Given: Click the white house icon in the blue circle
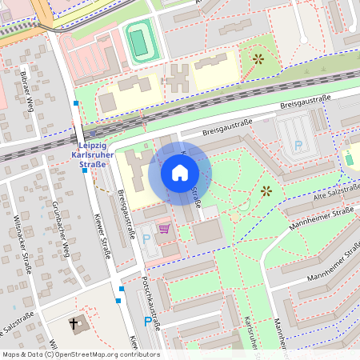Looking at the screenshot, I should [x=180, y=173].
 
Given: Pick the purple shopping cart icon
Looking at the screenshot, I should [x=164, y=229].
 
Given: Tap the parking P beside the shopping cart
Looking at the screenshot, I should [x=146, y=239].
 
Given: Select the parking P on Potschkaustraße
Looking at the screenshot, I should [x=147, y=322].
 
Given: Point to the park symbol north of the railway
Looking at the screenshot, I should [x=258, y=58].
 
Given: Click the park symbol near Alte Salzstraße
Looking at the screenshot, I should [x=266, y=190].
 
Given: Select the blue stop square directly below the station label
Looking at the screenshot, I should [x=84, y=170].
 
